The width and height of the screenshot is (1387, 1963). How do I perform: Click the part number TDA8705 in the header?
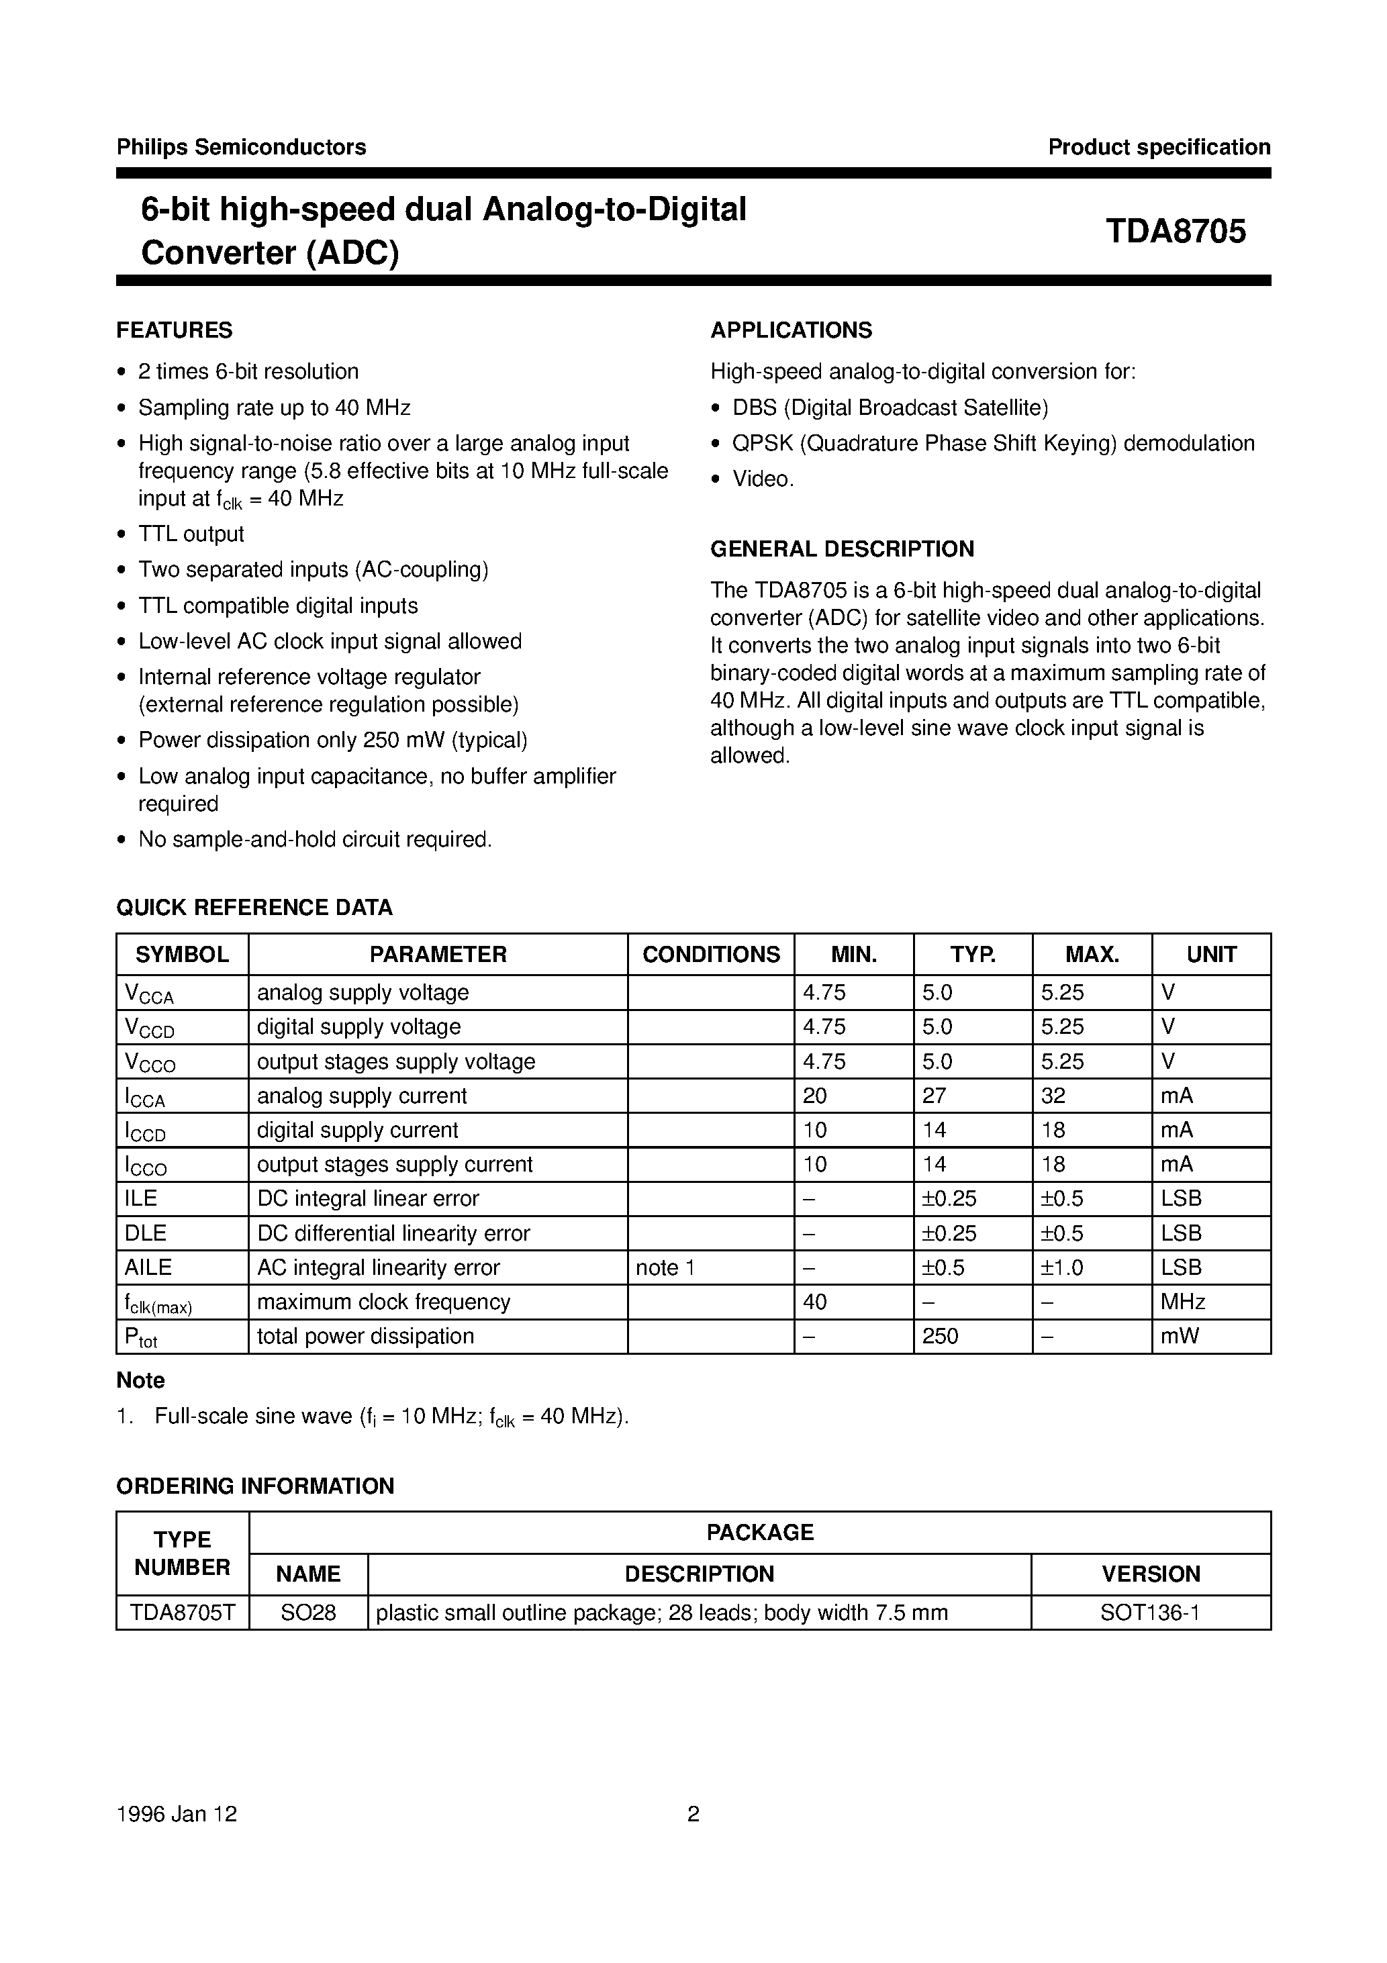click(x=1175, y=232)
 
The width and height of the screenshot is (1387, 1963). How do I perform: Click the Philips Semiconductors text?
click(x=241, y=147)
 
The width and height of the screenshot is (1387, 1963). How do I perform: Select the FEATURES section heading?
click(x=175, y=330)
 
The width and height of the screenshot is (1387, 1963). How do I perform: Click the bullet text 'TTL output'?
click(x=191, y=534)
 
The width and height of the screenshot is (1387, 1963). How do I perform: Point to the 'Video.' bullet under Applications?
click(x=763, y=479)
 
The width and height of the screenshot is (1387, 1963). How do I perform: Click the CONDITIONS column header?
click(x=710, y=954)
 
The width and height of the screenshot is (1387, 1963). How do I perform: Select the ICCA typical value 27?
click(x=935, y=1096)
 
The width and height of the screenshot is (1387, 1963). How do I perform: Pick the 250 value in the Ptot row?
click(x=940, y=1337)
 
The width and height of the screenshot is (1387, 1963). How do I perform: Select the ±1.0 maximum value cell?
click(x=1062, y=1268)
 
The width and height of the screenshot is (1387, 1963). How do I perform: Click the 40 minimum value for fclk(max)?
click(x=815, y=1302)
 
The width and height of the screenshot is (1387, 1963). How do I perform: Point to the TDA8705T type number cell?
click(x=182, y=1613)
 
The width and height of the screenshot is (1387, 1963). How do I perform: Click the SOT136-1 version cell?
click(x=1150, y=1613)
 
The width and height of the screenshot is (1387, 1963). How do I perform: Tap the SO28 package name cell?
click(x=308, y=1613)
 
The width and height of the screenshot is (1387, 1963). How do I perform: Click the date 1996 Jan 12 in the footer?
click(x=177, y=1814)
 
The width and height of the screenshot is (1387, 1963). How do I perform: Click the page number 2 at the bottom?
click(x=693, y=1814)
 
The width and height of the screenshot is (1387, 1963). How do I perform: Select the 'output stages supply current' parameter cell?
click(x=394, y=1165)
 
